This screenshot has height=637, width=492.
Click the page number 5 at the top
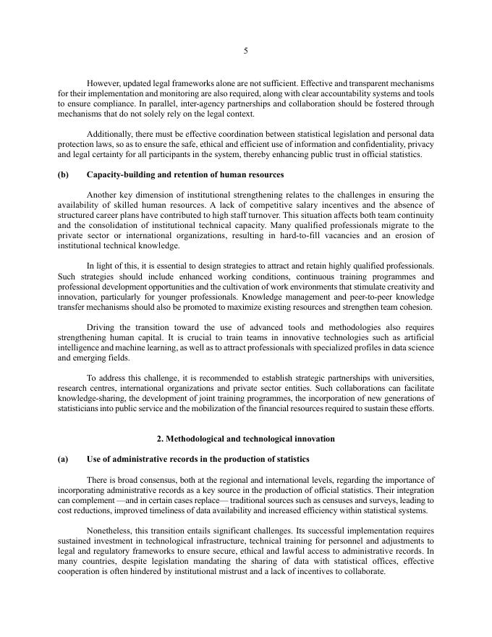[x=246, y=51]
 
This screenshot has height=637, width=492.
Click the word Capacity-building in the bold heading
[x=117, y=174]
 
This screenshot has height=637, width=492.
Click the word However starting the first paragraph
[x=103, y=83]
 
